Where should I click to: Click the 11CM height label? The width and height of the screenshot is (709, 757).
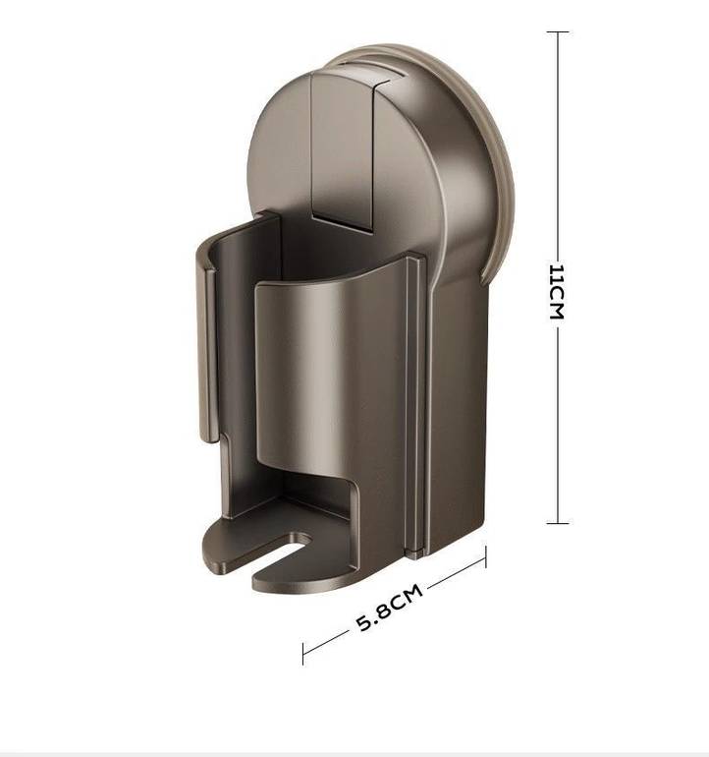coord(556,292)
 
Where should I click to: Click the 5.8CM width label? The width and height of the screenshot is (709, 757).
coord(389,608)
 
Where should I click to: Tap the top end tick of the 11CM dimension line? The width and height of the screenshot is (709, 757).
coord(558,31)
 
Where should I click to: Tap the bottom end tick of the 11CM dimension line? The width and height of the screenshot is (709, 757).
coord(558,522)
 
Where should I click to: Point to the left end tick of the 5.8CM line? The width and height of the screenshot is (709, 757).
coord(302,654)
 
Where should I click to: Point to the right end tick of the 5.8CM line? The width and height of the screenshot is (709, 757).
coord(486,556)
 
